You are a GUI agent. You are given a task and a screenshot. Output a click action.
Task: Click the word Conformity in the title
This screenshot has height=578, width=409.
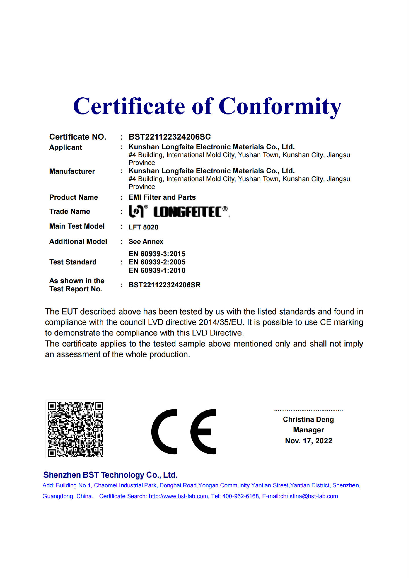tap(280, 107)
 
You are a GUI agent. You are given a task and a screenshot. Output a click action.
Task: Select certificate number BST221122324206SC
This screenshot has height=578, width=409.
tap(170, 137)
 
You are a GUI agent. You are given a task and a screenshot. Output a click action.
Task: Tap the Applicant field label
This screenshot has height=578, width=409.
tap(66, 147)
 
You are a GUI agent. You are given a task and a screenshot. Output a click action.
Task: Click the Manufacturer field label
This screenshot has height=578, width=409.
tap(72, 171)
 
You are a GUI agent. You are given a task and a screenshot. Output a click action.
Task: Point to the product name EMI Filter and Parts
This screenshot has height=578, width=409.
tap(162, 197)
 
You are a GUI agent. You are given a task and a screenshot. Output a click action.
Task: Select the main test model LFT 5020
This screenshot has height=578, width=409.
tap(143, 227)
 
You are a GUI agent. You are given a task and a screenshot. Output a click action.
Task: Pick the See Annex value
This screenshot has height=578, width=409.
tap(146, 242)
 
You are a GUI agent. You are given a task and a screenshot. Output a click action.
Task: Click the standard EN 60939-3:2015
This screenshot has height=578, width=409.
tap(157, 254)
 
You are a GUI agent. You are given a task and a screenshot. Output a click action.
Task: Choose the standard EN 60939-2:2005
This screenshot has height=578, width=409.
tap(157, 262)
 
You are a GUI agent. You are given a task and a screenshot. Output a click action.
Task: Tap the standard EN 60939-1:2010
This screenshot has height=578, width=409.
tap(157, 271)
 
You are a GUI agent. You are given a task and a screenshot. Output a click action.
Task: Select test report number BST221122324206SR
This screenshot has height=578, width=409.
tap(164, 285)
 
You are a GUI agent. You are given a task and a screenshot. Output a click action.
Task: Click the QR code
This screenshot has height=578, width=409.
tap(75, 429)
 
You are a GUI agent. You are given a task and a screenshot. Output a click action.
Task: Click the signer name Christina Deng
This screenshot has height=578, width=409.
tap(308, 419)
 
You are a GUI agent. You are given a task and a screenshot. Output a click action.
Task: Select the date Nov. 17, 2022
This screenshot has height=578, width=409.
tap(308, 441)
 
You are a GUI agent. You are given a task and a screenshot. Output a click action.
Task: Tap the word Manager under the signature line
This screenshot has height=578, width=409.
tap(308, 430)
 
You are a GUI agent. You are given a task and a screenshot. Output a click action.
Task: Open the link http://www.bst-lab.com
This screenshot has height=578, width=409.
tap(179, 496)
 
